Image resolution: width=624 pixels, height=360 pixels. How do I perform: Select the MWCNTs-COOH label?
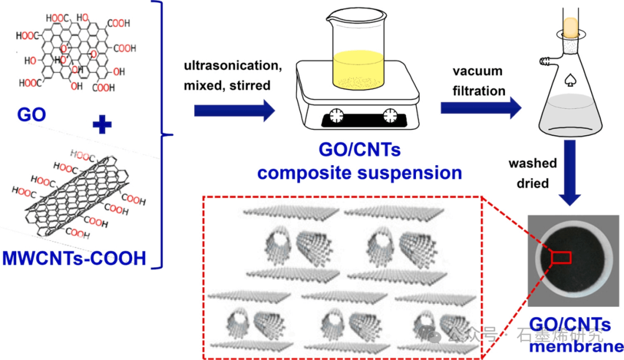(75, 258)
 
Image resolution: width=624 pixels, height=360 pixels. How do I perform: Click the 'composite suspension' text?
(360, 172)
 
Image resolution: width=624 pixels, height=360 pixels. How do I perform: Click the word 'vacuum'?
(477, 72)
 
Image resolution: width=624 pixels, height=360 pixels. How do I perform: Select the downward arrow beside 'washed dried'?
(570, 179)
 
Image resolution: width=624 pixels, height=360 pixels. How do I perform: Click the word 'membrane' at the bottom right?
(577, 347)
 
